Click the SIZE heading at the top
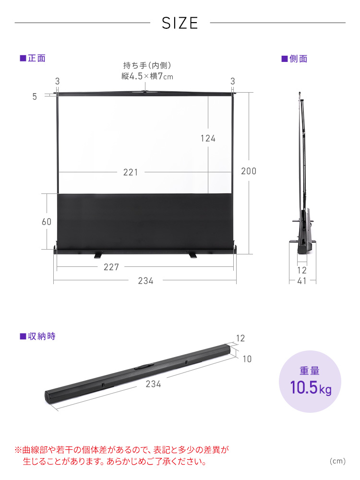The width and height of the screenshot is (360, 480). [x=180, y=23]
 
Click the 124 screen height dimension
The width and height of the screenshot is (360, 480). [x=208, y=138]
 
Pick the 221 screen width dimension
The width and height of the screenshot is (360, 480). [x=131, y=172]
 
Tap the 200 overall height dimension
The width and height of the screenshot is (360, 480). [x=249, y=171]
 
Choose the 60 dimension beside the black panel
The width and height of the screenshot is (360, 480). [x=47, y=222]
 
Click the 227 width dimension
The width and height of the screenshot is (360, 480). [x=111, y=267]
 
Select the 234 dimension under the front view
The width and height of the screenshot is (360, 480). [x=146, y=281]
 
